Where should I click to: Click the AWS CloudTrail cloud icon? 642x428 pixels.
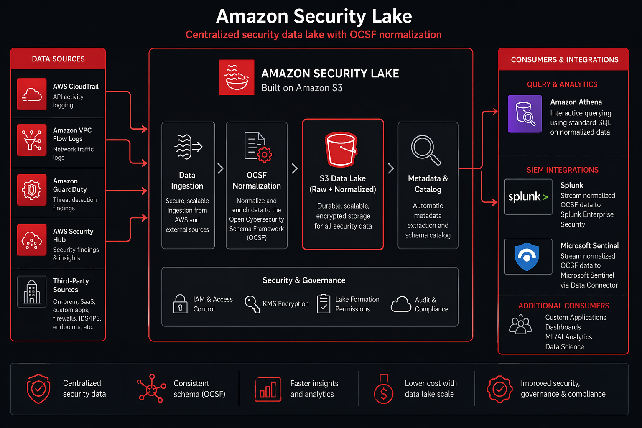[32, 94]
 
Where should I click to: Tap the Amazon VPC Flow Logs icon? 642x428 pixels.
[32, 140]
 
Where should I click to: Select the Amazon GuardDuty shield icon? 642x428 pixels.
[32, 190]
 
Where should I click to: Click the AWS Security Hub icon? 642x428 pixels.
[32, 240]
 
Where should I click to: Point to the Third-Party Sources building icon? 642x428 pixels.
[32, 291]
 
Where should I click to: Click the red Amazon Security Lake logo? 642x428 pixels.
[237, 77]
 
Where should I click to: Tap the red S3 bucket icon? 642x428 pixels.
[341, 149]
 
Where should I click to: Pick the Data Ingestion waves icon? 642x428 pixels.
[188, 147]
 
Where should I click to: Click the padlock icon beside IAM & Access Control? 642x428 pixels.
[180, 304]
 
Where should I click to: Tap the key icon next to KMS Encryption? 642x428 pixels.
[252, 304]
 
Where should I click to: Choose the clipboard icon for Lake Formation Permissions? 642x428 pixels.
[324, 304]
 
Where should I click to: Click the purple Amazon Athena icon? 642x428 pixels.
[525, 114]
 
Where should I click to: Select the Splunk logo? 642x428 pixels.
[528, 197]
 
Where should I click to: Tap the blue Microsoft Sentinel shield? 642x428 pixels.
[527, 257]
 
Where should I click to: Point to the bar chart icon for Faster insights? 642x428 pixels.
[268, 389]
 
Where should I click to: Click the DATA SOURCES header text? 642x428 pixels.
[58, 59]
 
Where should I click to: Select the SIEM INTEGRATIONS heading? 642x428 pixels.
[562, 170]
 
